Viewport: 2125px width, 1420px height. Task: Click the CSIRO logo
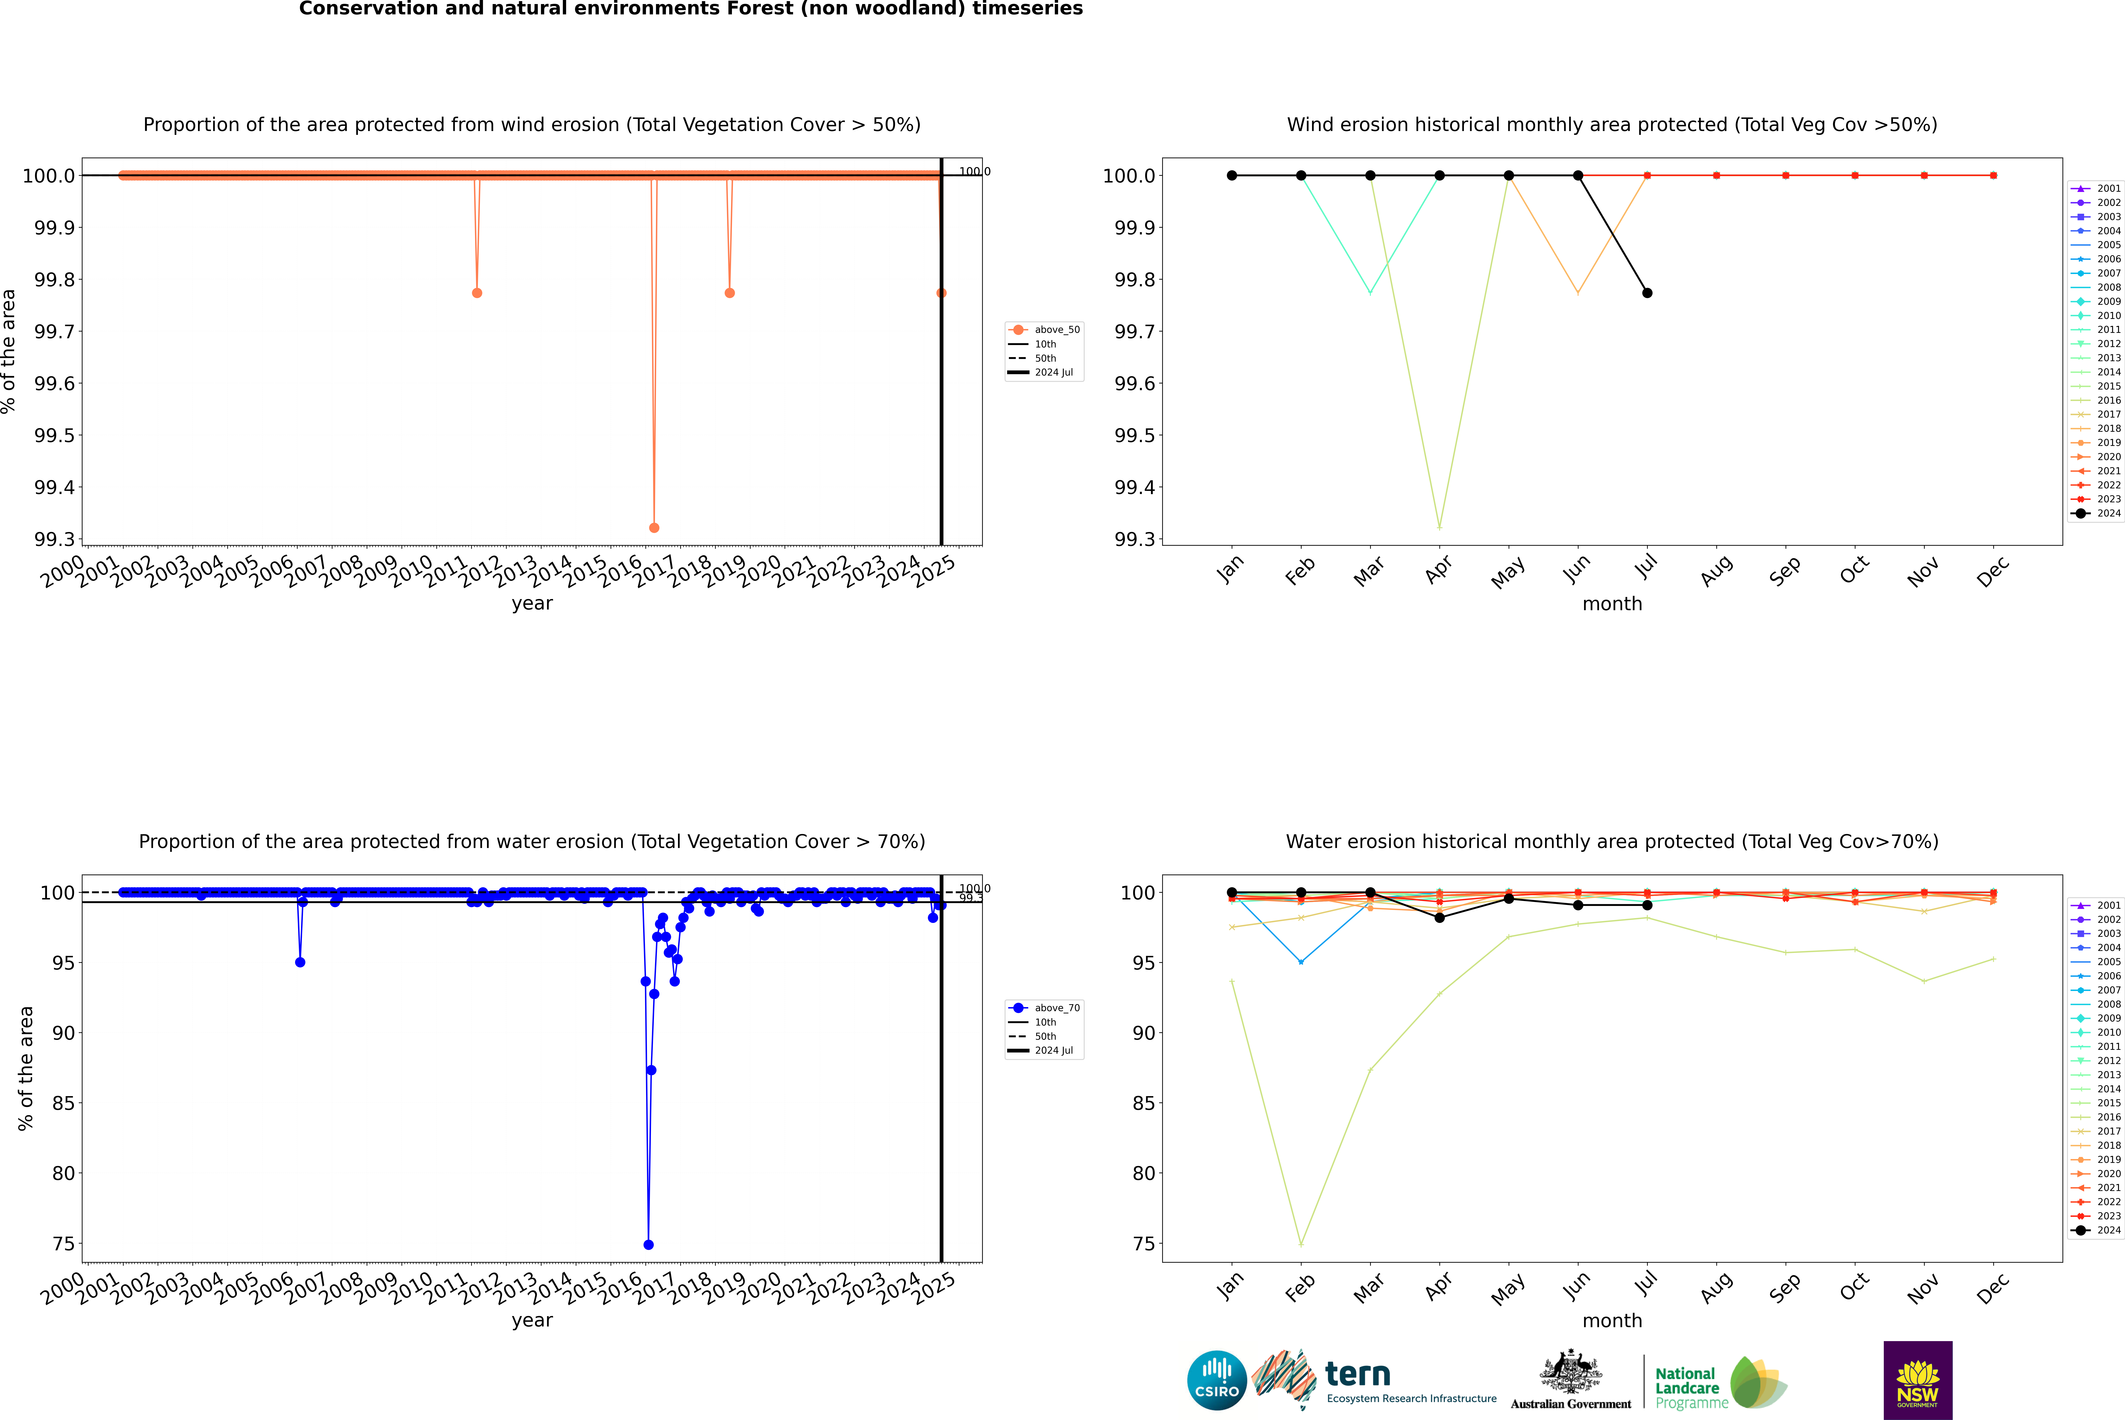pyautogui.click(x=1217, y=1380)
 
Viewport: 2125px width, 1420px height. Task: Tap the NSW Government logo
pyautogui.click(x=1918, y=1380)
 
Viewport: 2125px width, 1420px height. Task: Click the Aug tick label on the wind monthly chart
pyautogui.click(x=1717, y=570)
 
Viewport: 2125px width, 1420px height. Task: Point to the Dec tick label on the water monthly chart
pyautogui.click(x=1993, y=1288)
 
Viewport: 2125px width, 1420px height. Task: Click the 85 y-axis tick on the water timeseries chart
pyautogui.click(x=63, y=1103)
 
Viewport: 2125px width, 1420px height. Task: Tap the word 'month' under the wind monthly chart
pyautogui.click(x=1611, y=604)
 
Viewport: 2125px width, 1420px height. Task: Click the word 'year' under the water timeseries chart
pyautogui.click(x=532, y=1320)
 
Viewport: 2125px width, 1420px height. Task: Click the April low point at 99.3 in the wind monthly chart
pyautogui.click(x=1439, y=527)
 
